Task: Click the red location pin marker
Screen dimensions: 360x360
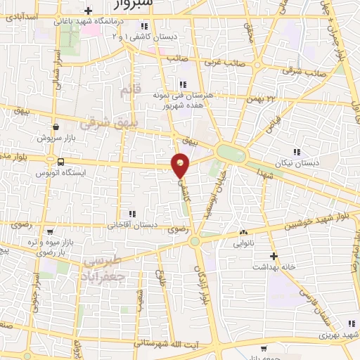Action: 181,166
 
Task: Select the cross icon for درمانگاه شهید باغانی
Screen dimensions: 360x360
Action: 87,10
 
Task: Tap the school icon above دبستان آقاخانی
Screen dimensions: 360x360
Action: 130,214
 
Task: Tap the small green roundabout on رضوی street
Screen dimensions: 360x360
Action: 195,241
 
